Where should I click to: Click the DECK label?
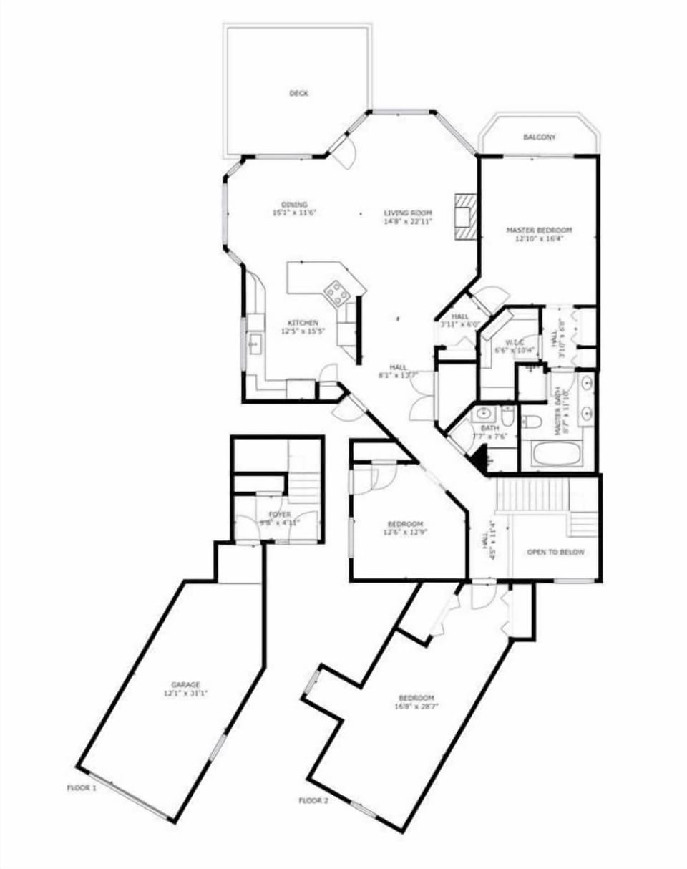(x=298, y=94)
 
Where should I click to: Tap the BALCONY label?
(x=539, y=137)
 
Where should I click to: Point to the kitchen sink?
(x=253, y=344)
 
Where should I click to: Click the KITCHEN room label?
(x=303, y=323)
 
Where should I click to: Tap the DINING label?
(x=294, y=205)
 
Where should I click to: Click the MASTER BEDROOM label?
(x=540, y=230)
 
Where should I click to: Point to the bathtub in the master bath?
(x=557, y=454)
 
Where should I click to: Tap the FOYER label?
(x=279, y=514)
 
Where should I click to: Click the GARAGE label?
(x=185, y=684)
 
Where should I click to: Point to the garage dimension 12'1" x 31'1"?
(x=185, y=693)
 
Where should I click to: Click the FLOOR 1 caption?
(x=81, y=787)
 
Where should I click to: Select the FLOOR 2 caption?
(x=313, y=800)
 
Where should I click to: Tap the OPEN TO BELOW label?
(x=555, y=552)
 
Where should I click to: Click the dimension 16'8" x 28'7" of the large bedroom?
(x=416, y=707)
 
